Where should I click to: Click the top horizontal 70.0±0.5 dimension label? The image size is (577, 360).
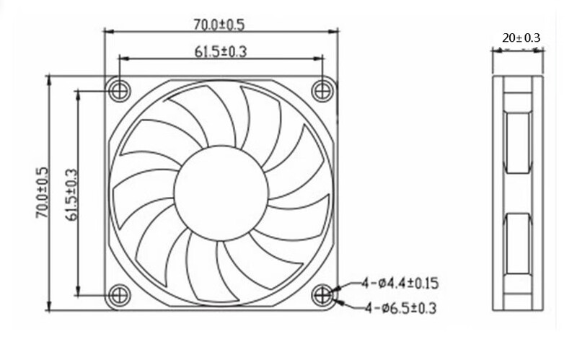tap(219, 25)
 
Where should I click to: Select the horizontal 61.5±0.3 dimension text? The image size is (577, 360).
tap(219, 51)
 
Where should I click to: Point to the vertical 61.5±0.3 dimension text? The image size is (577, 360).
tap(70, 191)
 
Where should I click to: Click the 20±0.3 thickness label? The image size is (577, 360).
tap(521, 38)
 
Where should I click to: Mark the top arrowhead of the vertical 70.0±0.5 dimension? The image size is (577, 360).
tap(49, 78)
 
